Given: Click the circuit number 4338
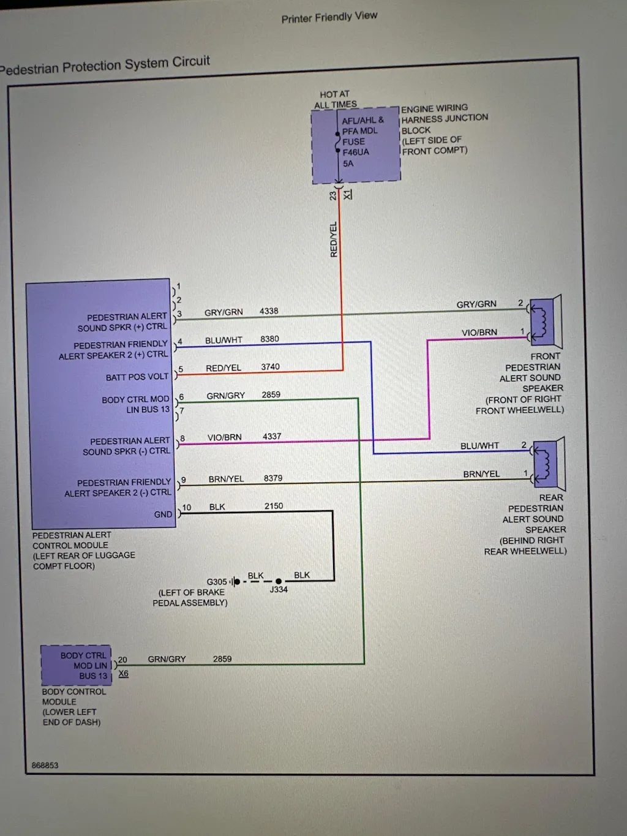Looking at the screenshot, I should click(269, 311).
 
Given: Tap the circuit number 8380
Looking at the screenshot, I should click(269, 339).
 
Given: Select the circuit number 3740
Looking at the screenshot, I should click(270, 367).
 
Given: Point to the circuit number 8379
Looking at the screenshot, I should click(273, 478).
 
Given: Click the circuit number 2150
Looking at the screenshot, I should click(274, 506).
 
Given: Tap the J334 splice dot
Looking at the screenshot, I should click(279, 581).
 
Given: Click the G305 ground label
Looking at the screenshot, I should click(217, 582).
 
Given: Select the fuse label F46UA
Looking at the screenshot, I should click(356, 153).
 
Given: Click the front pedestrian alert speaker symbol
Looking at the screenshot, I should click(545, 322).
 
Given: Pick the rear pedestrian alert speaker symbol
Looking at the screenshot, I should click(548, 464).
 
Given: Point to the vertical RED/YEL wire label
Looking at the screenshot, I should click(334, 239).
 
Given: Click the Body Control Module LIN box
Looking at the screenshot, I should click(77, 665).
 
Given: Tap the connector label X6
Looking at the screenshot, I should click(124, 674).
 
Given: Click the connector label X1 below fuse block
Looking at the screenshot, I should click(348, 195).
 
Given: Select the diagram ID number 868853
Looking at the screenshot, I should click(45, 766).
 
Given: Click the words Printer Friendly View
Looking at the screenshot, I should click(329, 17).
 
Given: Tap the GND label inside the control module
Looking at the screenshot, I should click(163, 514).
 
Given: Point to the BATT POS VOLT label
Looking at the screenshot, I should click(137, 377).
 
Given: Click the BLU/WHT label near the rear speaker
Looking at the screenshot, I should click(479, 446).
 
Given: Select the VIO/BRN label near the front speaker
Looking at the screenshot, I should click(479, 333).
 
